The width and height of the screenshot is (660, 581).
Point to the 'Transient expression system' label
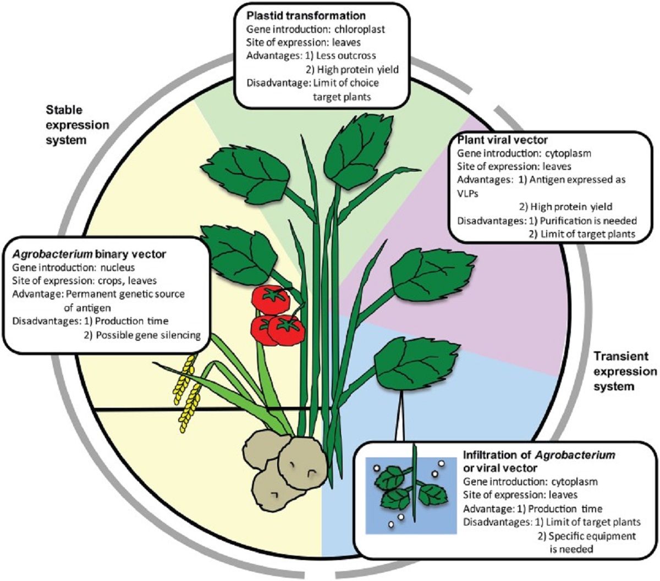point(625,372)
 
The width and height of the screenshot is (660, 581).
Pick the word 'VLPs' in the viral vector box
point(467,193)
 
